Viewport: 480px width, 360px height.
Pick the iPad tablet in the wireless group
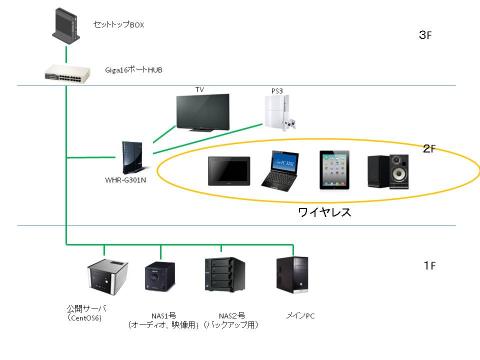click(334, 172)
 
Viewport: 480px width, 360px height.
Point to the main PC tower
click(294, 277)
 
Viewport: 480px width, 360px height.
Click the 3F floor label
click(424, 36)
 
